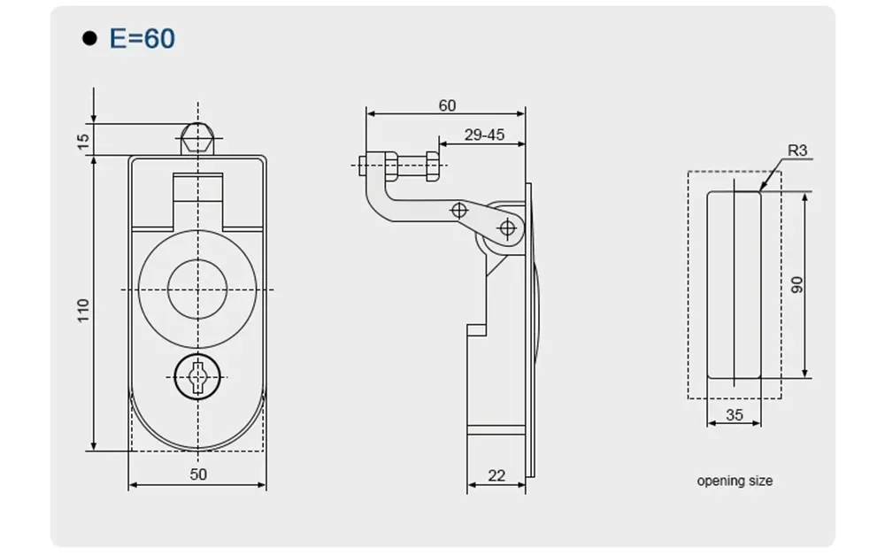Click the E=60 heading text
142,38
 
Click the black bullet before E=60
88,39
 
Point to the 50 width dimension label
198,474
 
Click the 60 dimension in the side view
447,105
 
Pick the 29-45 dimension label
484,135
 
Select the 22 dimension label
496,475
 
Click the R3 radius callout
797,150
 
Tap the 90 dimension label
797,285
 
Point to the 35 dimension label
734,414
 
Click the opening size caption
735,481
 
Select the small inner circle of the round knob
198,289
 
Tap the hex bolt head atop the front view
198,140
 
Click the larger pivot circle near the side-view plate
507,228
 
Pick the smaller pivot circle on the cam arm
458,210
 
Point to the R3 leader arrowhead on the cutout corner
761,189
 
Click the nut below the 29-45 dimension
433,165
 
